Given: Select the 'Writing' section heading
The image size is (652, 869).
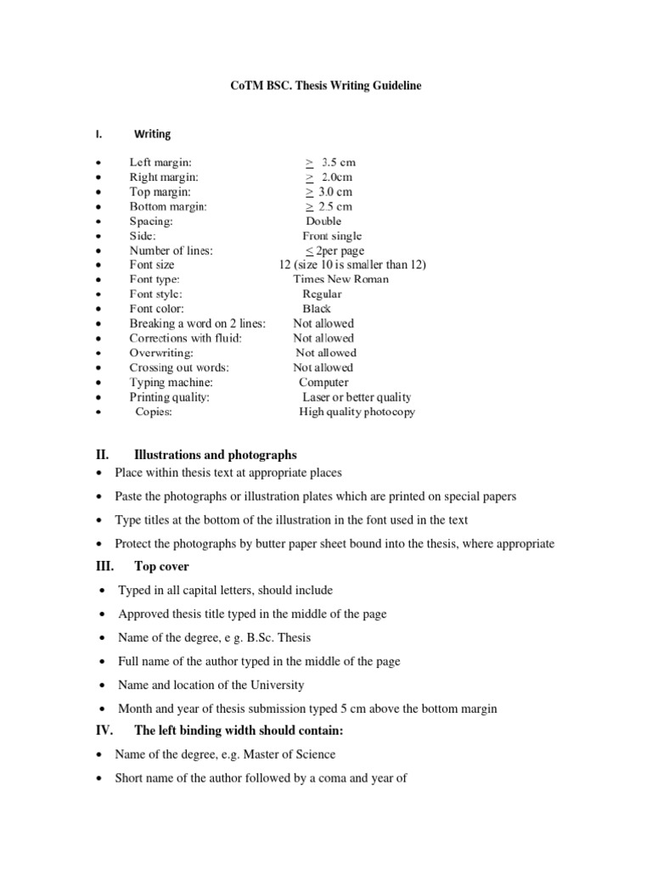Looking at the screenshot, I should tap(152, 134).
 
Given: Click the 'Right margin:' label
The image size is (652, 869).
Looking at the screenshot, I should tap(164, 177).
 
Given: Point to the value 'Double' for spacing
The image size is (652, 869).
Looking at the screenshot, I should tap(323, 221).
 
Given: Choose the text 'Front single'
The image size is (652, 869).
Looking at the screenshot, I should tap(332, 236).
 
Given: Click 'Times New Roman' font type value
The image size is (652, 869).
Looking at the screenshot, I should tap(341, 279).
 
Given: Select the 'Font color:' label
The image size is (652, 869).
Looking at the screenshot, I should tap(156, 309).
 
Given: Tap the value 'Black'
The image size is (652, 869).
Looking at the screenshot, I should tap(317, 309).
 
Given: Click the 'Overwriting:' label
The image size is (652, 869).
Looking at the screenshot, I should tap(161, 353).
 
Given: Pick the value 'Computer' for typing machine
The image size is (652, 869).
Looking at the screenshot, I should tap(323, 383).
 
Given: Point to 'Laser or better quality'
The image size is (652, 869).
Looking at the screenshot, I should tap(357, 397).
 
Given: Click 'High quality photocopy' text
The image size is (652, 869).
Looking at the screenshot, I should tap(357, 412).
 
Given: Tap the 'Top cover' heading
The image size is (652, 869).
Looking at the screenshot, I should tap(162, 566).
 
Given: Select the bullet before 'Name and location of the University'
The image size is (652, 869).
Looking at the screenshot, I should tap(102, 685).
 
